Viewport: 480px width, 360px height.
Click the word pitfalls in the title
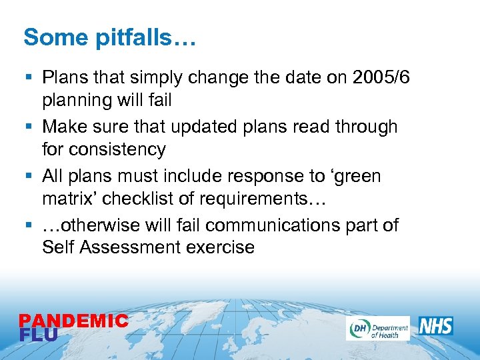coord(141,38)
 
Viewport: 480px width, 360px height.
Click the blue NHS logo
coord(436,326)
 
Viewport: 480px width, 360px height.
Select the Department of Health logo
coord(377,328)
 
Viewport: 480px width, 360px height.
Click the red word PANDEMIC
coord(73,321)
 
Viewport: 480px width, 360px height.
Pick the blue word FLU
coord(39,335)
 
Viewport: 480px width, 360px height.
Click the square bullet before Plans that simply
coord(27,78)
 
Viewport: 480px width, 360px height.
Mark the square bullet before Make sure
coord(27,127)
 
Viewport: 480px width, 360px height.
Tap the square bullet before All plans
coord(27,177)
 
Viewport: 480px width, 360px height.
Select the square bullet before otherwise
coord(27,226)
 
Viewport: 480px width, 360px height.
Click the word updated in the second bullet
coord(215,127)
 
